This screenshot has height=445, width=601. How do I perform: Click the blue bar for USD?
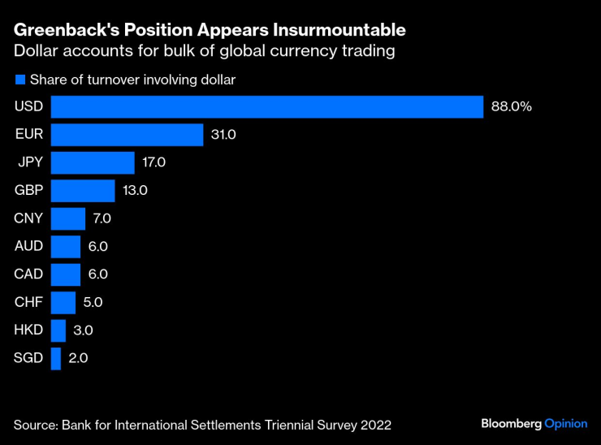point(267,107)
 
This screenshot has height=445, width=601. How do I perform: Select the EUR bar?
point(128,135)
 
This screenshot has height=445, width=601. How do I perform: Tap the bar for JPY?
point(93,163)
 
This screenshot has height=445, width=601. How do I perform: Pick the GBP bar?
point(83,191)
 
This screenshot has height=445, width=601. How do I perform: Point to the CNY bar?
point(68,219)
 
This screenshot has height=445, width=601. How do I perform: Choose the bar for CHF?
point(63,303)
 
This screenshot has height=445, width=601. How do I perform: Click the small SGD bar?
point(56,359)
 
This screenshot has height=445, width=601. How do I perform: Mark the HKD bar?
point(58,331)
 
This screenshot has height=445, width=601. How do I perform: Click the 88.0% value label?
point(512,106)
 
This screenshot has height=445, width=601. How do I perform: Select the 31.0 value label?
point(223,135)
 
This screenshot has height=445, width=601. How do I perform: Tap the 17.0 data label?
point(154,162)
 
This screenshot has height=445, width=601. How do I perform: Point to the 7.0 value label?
point(102,218)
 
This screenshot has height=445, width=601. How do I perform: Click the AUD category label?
point(28,246)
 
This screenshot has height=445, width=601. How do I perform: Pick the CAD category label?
point(28,274)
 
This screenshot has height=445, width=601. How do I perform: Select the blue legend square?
point(20,80)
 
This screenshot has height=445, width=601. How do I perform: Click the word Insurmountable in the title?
point(339,30)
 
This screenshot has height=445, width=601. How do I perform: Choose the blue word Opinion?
point(566,424)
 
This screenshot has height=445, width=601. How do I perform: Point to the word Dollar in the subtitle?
point(36,51)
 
